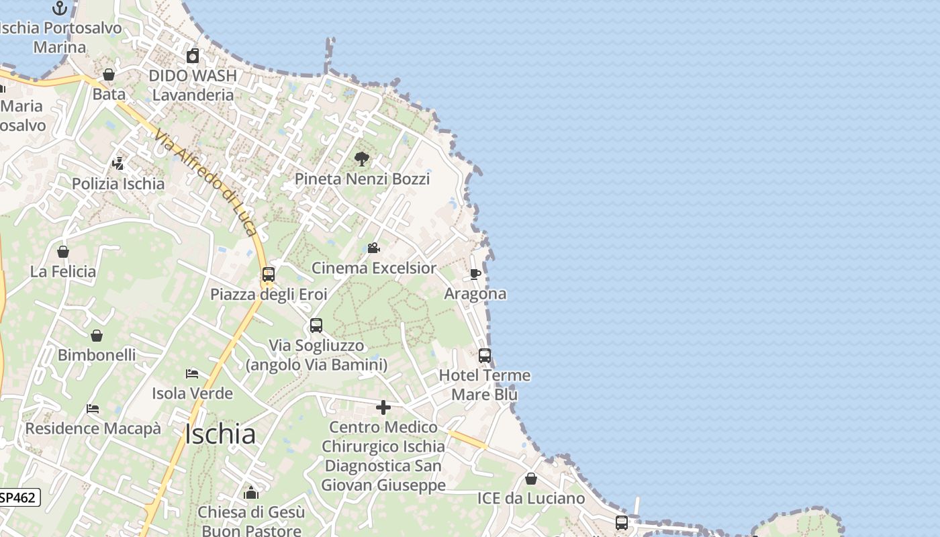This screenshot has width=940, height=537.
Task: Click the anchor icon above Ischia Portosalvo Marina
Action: click(x=60, y=8)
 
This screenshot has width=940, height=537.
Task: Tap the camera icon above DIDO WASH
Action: click(x=193, y=56)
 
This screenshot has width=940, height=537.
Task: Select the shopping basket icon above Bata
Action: click(x=109, y=75)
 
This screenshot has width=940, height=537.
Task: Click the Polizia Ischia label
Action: click(x=118, y=184)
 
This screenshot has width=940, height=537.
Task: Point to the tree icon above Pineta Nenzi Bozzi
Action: click(x=362, y=159)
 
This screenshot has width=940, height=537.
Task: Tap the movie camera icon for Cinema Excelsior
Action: click(x=373, y=248)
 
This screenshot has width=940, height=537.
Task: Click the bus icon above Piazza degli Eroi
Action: click(x=269, y=275)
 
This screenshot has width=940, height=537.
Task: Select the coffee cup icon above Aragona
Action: click(x=475, y=274)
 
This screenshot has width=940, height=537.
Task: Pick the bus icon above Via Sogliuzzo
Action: click(x=316, y=326)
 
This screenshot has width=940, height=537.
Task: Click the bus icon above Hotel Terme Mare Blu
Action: click(x=485, y=356)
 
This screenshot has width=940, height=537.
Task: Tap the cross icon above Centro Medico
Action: click(x=383, y=407)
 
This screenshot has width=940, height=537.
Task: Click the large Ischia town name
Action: click(x=220, y=434)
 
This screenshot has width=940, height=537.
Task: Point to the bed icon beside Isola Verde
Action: click(x=192, y=374)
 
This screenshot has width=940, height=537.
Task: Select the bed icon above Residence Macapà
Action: click(x=93, y=409)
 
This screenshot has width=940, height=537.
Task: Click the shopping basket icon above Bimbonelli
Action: click(x=97, y=336)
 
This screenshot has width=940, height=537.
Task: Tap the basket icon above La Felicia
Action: click(x=63, y=252)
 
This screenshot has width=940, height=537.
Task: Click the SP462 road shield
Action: click(x=19, y=497)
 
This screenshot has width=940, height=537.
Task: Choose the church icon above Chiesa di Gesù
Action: click(x=251, y=493)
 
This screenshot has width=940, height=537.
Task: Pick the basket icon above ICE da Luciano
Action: click(x=531, y=479)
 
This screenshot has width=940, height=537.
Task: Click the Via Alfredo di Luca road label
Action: click(x=205, y=183)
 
